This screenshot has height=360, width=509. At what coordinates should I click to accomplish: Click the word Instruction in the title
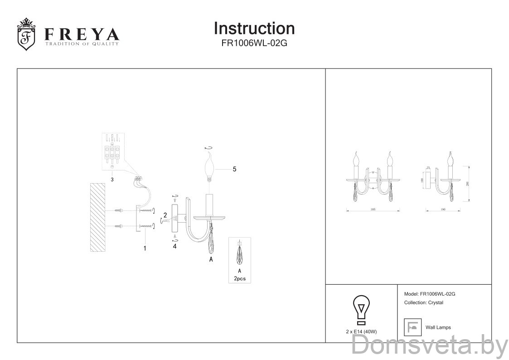(254, 28)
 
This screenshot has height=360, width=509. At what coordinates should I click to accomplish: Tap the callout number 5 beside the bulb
(234, 169)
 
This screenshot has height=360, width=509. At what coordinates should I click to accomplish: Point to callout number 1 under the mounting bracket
(145, 248)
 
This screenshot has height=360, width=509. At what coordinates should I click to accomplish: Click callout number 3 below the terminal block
(112, 180)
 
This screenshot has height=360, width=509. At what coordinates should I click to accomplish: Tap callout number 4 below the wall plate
(175, 247)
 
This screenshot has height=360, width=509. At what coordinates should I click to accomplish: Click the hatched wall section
(98, 217)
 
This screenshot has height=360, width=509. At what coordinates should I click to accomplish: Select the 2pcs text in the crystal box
(239, 278)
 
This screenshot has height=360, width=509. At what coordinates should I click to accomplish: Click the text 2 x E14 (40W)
(361, 332)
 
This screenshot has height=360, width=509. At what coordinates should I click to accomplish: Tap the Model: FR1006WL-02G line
(429, 294)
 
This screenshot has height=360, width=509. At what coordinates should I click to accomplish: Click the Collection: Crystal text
(423, 302)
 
